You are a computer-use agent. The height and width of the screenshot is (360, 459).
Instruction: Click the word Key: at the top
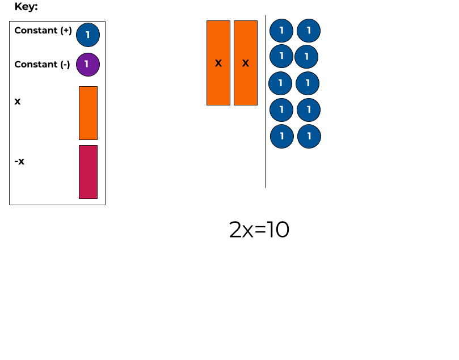click(x=26, y=7)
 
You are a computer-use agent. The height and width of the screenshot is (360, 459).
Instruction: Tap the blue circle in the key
click(x=88, y=35)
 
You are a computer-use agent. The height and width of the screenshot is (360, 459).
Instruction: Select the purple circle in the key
click(x=87, y=64)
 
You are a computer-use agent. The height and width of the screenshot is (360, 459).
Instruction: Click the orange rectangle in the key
click(x=88, y=113)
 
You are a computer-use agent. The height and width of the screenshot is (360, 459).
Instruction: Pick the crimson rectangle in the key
click(x=88, y=172)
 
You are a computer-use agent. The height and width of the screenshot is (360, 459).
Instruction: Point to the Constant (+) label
click(x=43, y=31)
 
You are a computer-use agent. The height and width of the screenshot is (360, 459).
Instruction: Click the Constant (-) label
click(x=42, y=65)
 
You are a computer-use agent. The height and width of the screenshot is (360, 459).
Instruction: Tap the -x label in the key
click(x=19, y=162)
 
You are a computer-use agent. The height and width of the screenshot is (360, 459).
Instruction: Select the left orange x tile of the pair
click(x=218, y=63)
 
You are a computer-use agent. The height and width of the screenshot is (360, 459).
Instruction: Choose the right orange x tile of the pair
click(x=246, y=63)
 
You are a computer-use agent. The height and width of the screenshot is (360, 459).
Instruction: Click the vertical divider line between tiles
click(x=265, y=102)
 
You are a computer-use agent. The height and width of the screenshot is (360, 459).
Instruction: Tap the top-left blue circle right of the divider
click(x=281, y=31)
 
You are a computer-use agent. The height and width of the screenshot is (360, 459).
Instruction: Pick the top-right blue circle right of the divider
click(x=309, y=31)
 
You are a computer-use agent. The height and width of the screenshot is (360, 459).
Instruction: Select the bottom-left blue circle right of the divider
click(x=281, y=137)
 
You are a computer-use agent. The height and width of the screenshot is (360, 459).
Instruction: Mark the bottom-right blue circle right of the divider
click(x=309, y=137)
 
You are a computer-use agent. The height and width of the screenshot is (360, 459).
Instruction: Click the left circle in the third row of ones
click(x=280, y=83)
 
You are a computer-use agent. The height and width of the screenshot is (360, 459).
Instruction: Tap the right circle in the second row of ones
click(x=306, y=57)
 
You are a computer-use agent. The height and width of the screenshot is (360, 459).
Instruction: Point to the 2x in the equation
click(x=241, y=230)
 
